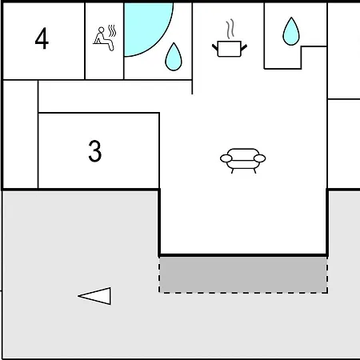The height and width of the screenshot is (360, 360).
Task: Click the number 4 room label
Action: [x=42, y=38]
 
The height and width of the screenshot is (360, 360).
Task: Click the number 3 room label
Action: [x=95, y=151]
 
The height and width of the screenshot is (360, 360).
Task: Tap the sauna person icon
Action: [x=105, y=38]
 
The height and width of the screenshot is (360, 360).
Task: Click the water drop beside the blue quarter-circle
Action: [x=174, y=57]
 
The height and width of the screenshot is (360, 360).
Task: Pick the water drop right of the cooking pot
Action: [x=291, y=31]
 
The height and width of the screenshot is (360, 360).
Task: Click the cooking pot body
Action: [x=230, y=49]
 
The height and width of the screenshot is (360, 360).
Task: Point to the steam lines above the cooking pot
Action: [x=230, y=29]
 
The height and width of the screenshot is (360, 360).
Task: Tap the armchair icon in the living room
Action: [x=243, y=161]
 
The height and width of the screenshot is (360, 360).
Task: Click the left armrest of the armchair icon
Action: [x=226, y=158]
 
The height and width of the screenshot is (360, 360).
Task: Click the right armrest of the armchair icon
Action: [x=260, y=158]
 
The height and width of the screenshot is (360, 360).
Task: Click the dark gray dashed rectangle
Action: [x=243, y=275]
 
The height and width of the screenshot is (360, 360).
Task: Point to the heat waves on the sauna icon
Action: [x=112, y=31]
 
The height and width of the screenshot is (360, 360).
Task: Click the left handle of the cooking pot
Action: [x=215, y=47]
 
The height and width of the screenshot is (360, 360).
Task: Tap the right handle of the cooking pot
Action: [x=244, y=47]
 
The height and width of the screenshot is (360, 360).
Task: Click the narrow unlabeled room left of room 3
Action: [x=20, y=134]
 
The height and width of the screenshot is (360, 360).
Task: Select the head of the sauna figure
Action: [x=101, y=30]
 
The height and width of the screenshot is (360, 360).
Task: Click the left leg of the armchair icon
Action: [x=232, y=170]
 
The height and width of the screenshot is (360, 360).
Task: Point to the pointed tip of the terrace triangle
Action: [x=78, y=296]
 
